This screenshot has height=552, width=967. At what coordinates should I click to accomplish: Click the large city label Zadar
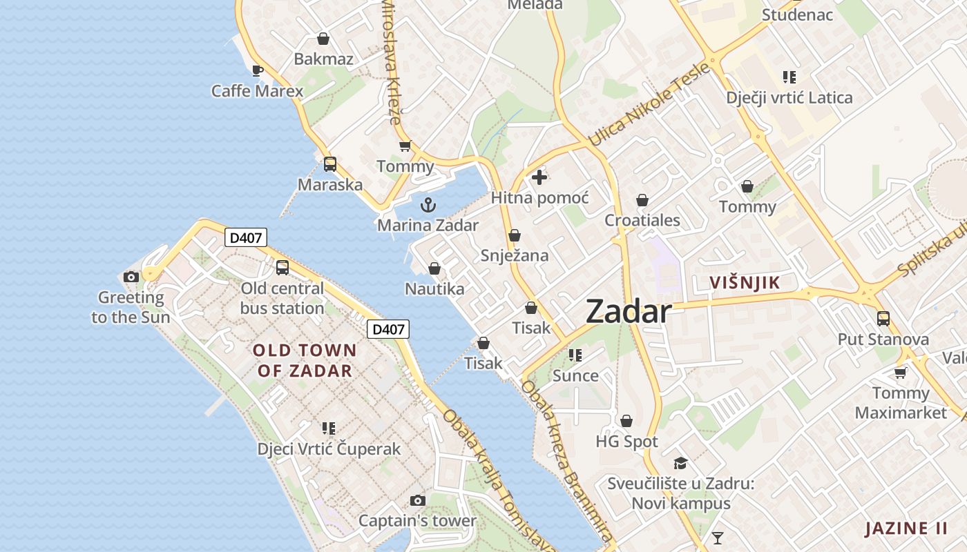click(x=628, y=312)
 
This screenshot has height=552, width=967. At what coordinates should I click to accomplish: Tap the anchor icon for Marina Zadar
click(x=428, y=205)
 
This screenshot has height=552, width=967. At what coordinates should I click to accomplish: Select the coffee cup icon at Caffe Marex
click(x=258, y=70)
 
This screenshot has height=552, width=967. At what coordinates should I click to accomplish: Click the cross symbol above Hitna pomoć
click(x=539, y=177)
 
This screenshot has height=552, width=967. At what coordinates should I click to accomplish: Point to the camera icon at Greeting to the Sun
click(x=131, y=277)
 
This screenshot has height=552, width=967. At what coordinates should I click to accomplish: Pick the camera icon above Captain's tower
click(x=417, y=500)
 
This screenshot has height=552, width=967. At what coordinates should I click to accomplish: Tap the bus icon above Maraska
click(x=330, y=164)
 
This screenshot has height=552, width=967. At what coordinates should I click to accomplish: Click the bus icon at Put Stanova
click(x=883, y=319)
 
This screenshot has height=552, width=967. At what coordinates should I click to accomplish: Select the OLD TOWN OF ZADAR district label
click(x=305, y=360)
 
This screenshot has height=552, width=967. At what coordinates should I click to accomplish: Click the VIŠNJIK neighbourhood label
click(x=745, y=282)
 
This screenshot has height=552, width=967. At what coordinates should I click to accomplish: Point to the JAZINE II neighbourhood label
click(x=906, y=529)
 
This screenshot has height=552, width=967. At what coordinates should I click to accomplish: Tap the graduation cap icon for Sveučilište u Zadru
click(x=681, y=463)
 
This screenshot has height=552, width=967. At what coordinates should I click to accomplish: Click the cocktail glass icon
click(x=718, y=538)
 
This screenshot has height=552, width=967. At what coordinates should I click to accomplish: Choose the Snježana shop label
click(x=515, y=255)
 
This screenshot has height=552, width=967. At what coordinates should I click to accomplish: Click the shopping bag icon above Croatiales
click(x=642, y=200)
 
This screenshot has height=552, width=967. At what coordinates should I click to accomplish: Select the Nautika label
click(x=434, y=288)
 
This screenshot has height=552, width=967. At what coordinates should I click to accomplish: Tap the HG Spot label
click(x=626, y=441)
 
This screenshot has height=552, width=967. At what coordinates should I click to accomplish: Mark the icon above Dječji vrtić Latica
click(x=789, y=77)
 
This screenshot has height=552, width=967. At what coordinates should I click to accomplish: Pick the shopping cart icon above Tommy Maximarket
click(x=900, y=373)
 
